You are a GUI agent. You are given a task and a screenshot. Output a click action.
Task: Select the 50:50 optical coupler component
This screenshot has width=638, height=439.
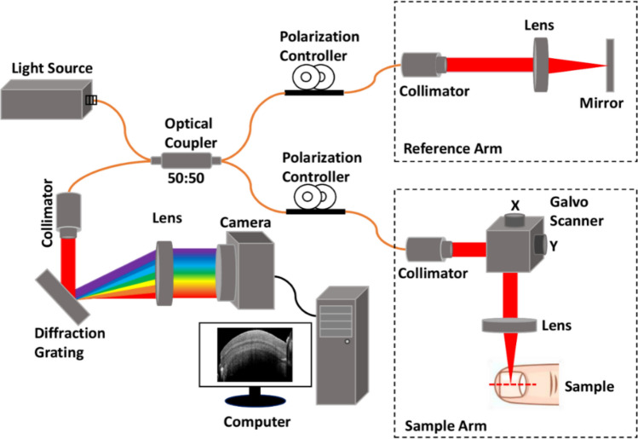point(184,159)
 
